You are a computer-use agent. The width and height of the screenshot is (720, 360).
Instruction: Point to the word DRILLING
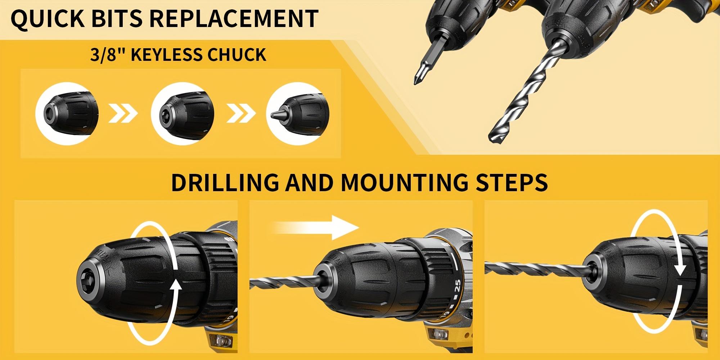point(225,183)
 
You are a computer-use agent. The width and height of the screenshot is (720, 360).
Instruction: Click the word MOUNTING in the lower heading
point(404,183)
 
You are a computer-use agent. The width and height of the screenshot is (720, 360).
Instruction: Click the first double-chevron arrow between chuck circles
point(123,114)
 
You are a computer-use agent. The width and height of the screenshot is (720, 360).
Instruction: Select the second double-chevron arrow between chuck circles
point(241,114)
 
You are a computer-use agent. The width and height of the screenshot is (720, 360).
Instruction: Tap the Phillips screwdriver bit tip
point(417,81)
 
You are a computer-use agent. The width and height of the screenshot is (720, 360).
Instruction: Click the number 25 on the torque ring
point(458,286)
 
